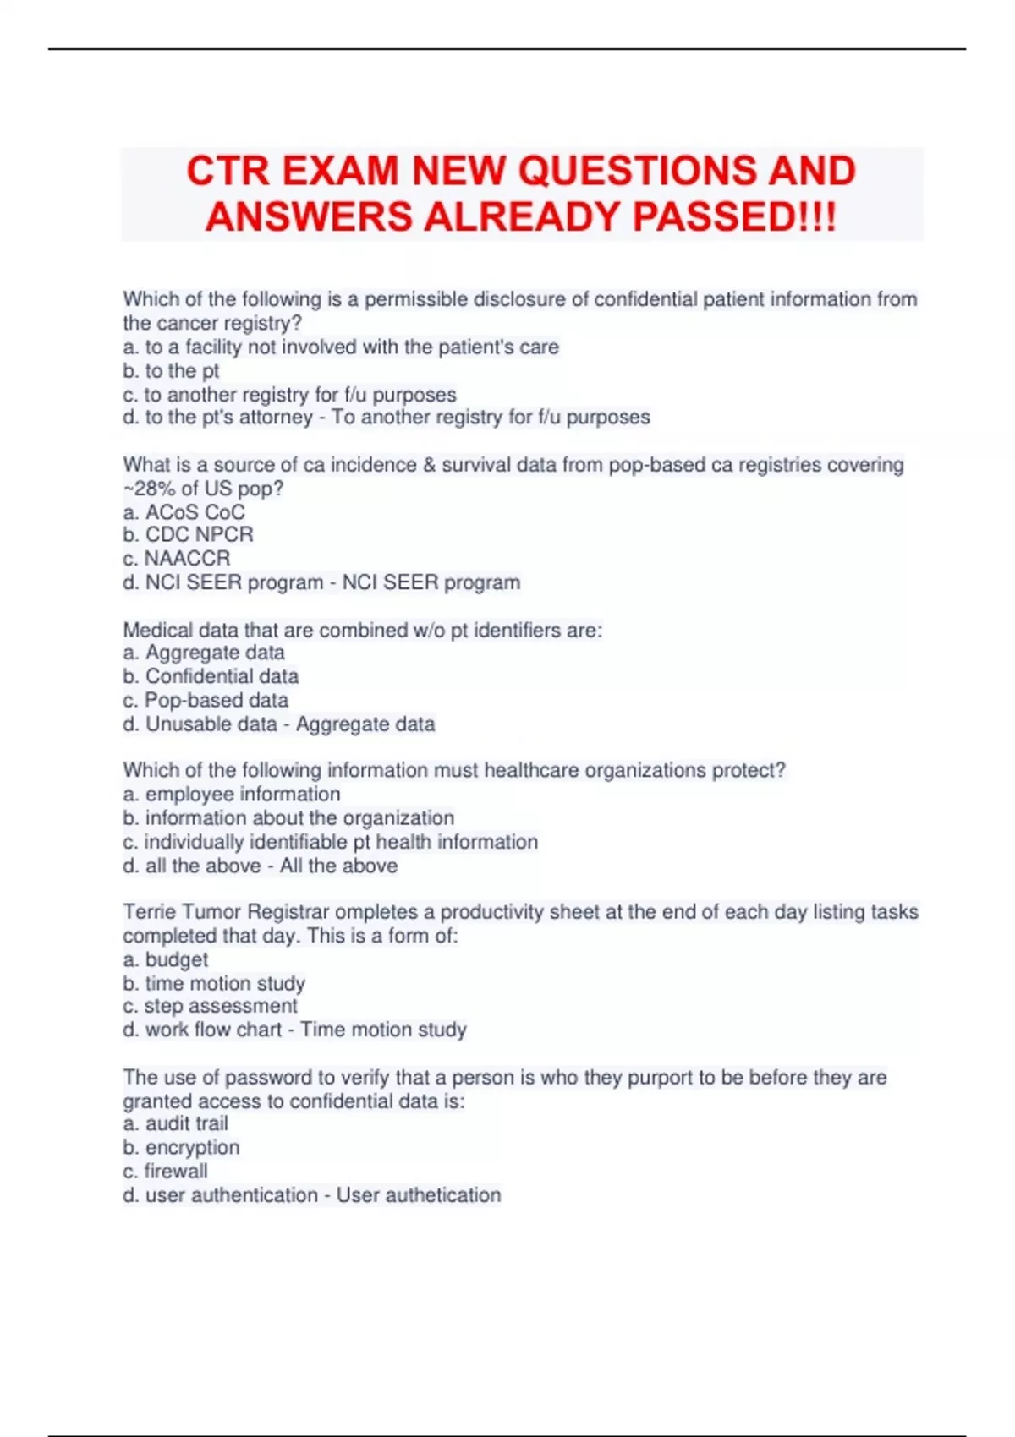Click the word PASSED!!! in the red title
(734, 217)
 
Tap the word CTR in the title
(227, 172)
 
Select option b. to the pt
(171, 370)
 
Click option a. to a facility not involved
(341, 347)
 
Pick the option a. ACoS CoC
(184, 512)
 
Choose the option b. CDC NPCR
(188, 535)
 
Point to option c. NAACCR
(176, 559)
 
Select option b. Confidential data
(211, 676)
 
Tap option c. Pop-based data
(206, 700)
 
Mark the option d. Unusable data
(200, 724)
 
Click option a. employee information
(232, 795)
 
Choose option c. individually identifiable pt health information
(331, 842)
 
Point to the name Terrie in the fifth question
(149, 912)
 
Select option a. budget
(166, 960)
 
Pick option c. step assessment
(211, 1006)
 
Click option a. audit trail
(176, 1123)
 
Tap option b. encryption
(181, 1148)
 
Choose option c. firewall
(166, 1172)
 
